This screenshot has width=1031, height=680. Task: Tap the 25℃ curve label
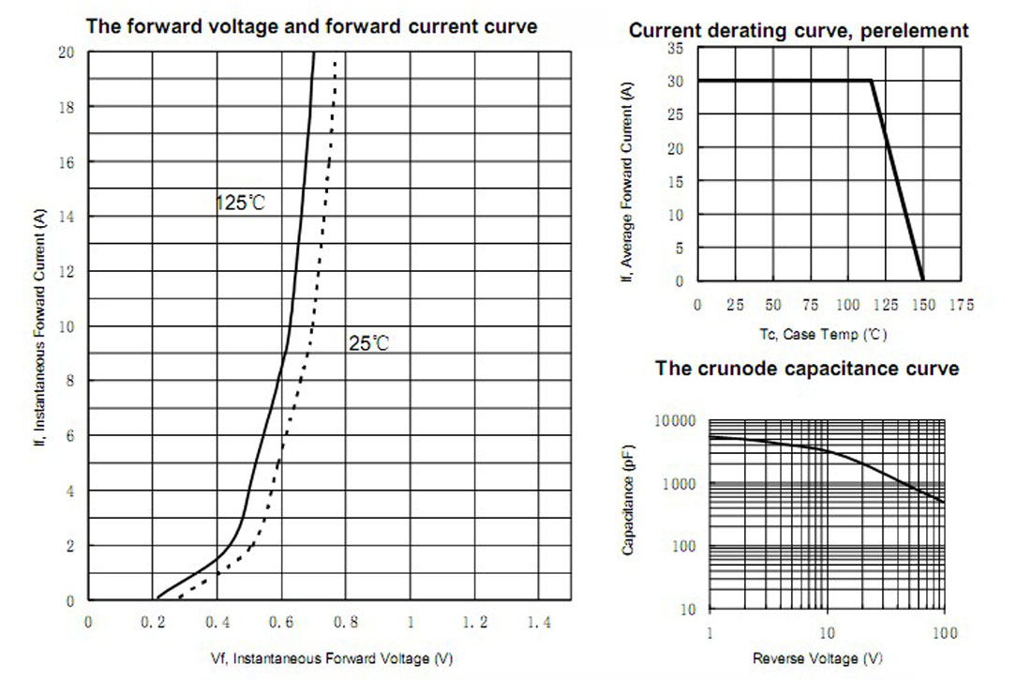coord(368,344)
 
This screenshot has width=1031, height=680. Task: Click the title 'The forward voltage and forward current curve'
coord(312,26)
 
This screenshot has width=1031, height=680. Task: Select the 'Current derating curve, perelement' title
coord(799,31)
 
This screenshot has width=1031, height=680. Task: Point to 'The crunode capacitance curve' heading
coord(807,369)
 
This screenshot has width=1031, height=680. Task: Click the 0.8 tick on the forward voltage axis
coord(347,623)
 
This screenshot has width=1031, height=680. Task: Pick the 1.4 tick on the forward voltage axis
coord(539,623)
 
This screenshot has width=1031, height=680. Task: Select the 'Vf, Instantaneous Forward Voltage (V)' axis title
coord(313,658)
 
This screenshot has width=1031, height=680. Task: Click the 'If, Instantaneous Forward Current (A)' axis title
coord(39,326)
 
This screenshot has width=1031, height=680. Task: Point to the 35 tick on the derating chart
coord(677,48)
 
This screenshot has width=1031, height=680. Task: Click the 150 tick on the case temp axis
coord(923,305)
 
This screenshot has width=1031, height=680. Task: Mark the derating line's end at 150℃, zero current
coord(923,280)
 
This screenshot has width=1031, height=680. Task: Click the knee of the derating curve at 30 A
coord(872,81)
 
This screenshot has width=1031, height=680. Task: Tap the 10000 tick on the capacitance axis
coord(675,421)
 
